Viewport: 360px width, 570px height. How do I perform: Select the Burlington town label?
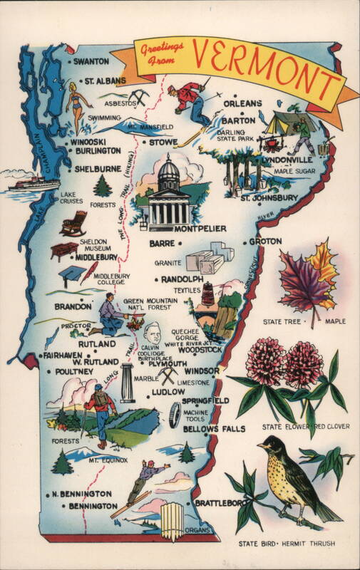coord(98,151)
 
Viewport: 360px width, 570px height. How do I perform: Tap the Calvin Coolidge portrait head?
coord(152,333)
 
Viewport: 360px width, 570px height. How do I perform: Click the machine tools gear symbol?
coord(174,415)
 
